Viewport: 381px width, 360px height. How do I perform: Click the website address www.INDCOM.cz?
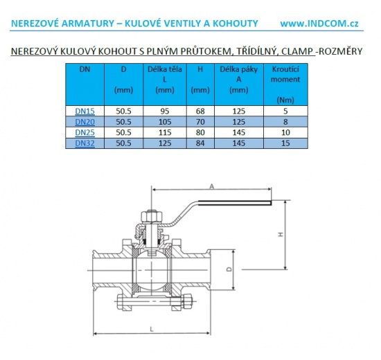point(319,23)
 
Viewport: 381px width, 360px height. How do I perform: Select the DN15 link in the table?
point(85,110)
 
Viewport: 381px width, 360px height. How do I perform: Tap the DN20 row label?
point(85,121)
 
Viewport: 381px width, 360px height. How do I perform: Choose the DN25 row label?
point(85,132)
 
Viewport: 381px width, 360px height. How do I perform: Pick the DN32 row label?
point(85,143)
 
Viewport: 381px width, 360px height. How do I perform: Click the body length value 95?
point(164,110)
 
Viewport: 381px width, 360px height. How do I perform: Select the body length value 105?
point(164,121)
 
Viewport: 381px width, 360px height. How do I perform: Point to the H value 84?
point(200,143)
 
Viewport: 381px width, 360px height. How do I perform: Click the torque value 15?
point(285,143)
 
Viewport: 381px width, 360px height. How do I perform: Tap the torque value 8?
point(285,121)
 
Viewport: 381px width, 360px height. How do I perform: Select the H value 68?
point(200,110)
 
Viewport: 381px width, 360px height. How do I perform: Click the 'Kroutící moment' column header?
point(285,80)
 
